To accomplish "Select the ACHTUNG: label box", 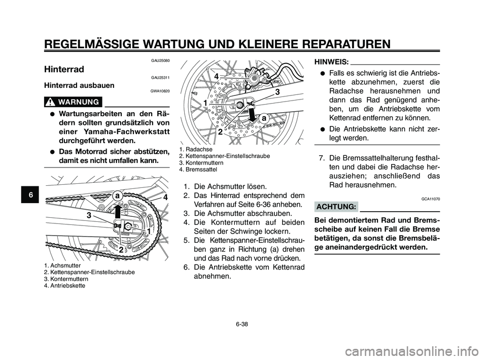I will click(336, 207).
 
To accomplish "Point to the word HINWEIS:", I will click(332, 61).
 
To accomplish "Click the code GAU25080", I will click(160, 60).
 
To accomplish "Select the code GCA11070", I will click(430, 199).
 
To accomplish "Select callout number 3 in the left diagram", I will click(89, 215).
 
